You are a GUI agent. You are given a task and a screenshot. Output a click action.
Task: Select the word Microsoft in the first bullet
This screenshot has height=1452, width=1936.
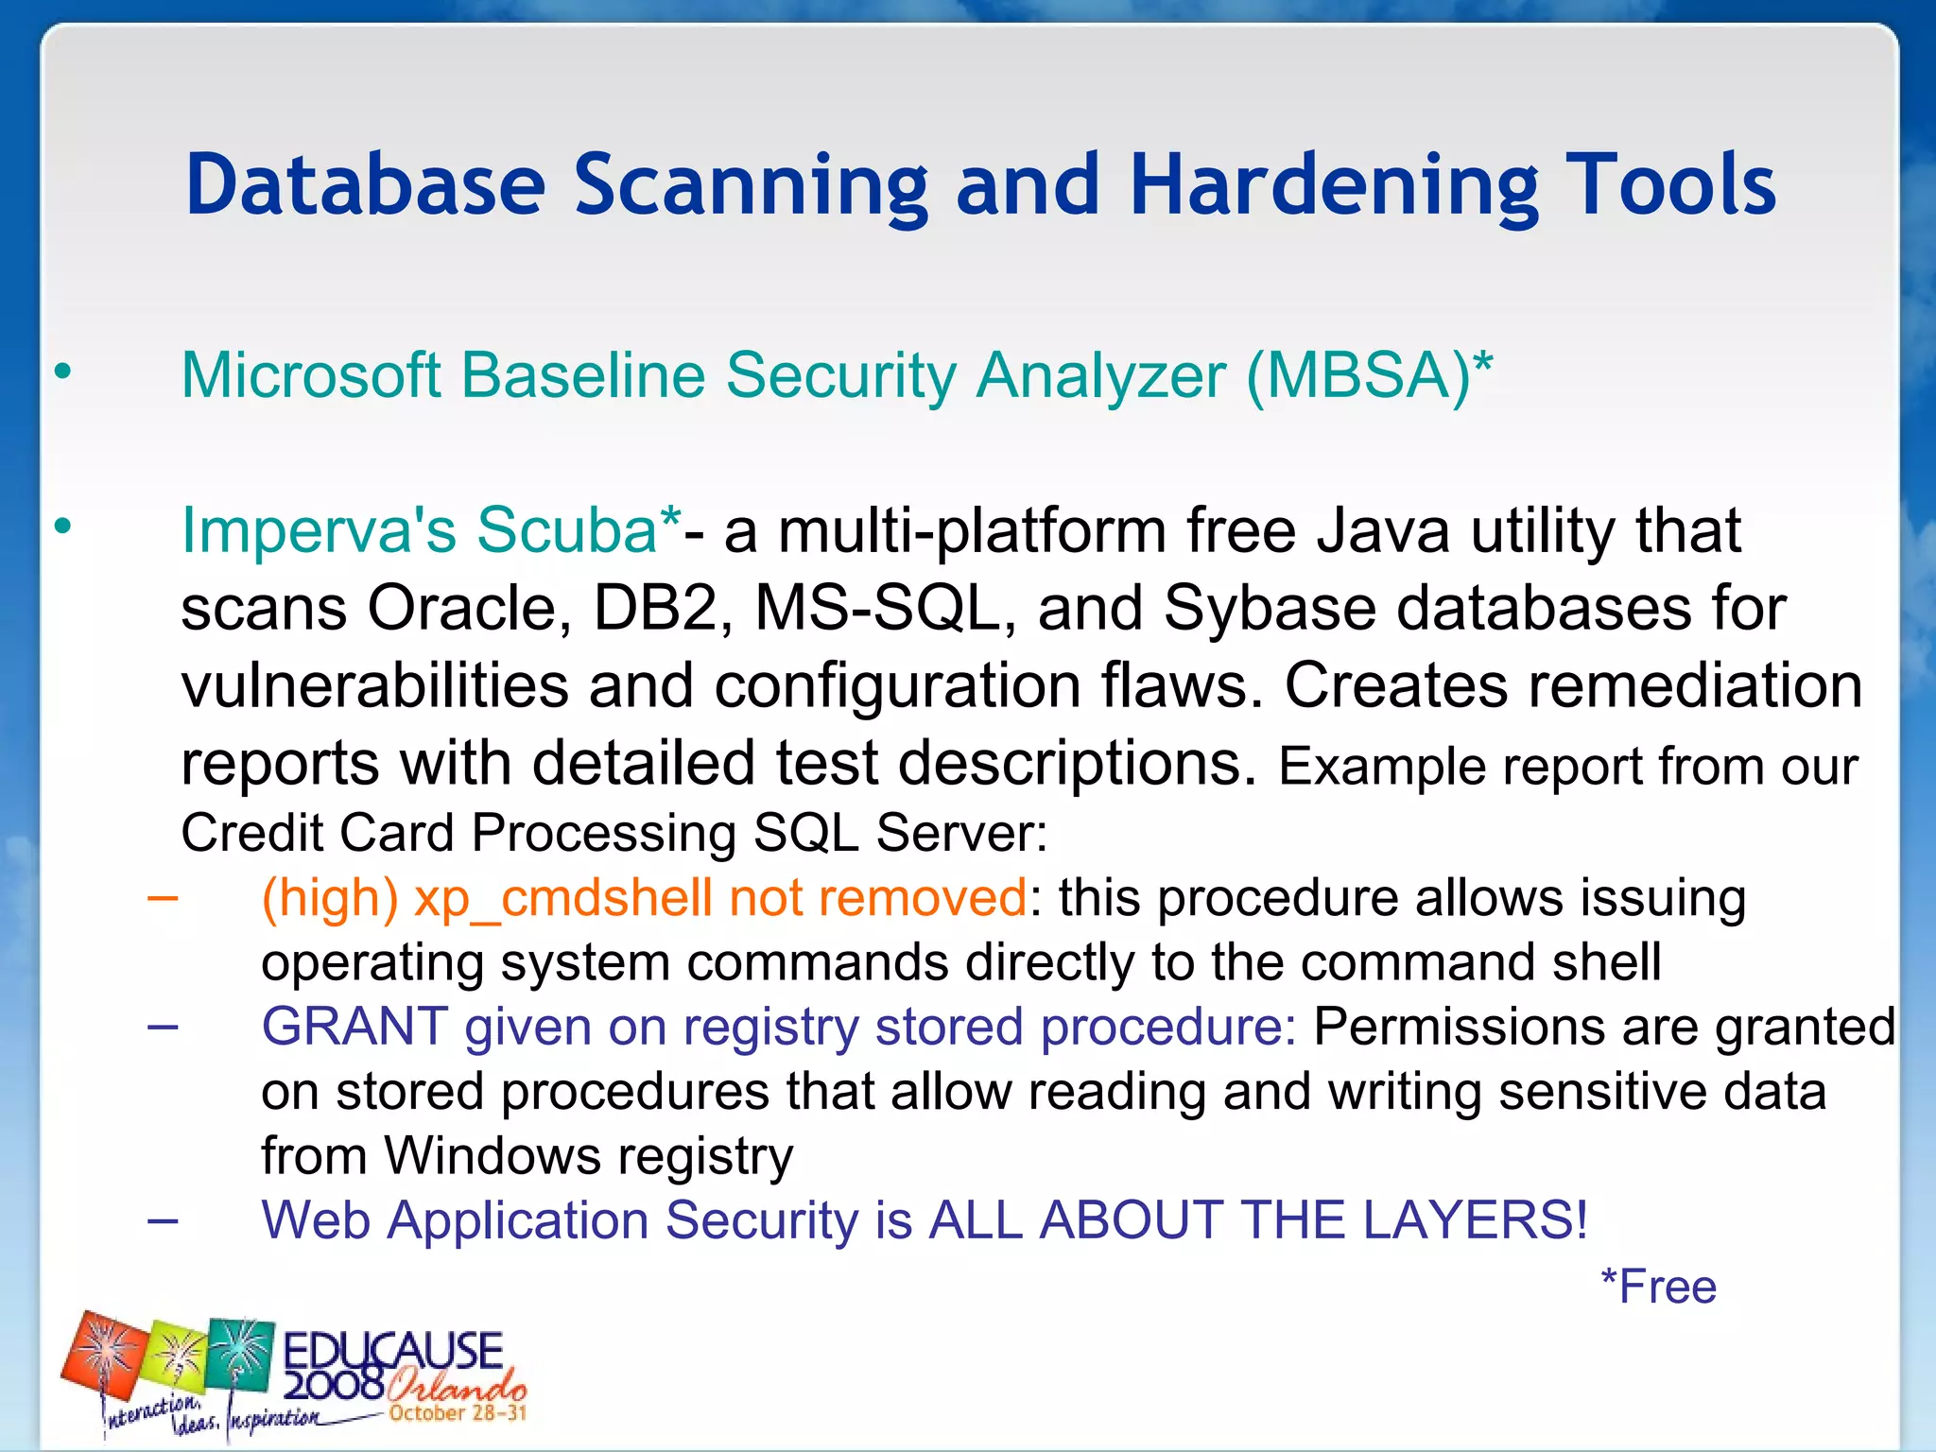(311, 376)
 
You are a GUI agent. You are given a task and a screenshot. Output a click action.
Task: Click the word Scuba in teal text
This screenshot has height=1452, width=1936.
(566, 529)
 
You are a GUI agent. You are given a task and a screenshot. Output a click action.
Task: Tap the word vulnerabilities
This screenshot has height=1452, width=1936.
(374, 684)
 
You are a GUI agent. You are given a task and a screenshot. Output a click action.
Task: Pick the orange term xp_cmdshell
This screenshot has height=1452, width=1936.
(562, 898)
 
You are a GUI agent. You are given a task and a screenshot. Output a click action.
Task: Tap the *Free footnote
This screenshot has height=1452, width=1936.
(1658, 1287)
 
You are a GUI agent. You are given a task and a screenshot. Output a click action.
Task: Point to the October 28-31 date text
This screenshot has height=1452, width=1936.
(458, 1413)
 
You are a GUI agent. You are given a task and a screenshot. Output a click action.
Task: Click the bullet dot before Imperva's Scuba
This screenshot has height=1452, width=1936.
(62, 527)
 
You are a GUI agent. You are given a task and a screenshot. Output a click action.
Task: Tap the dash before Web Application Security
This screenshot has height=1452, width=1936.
(163, 1219)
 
